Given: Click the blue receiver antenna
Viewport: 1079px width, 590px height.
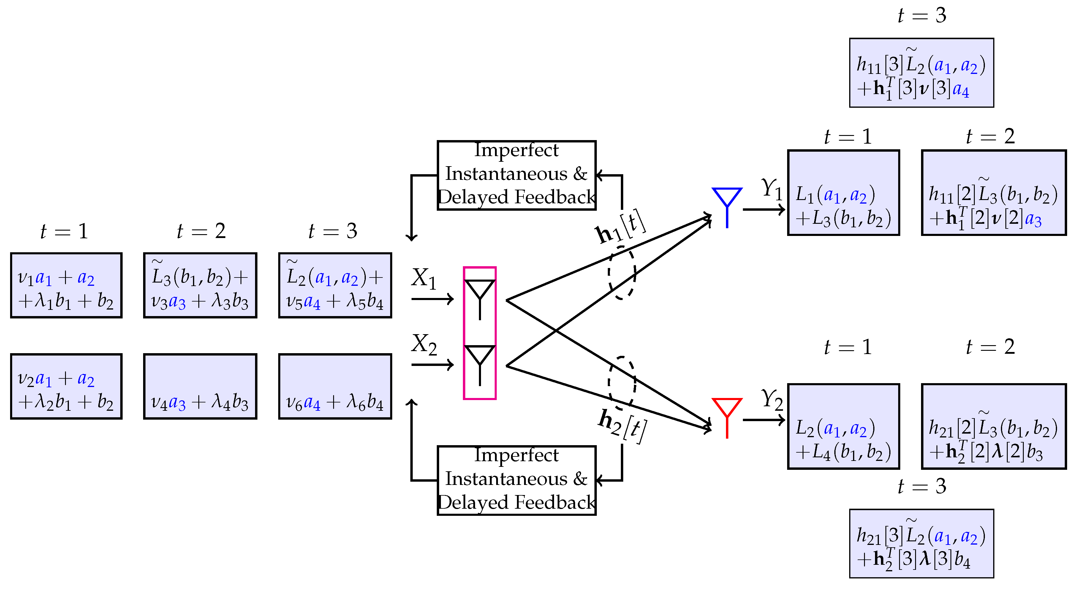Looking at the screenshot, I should (x=727, y=205).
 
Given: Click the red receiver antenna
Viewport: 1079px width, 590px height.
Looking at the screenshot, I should (x=727, y=415).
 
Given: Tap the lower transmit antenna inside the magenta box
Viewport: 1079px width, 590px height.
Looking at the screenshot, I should (x=480, y=364).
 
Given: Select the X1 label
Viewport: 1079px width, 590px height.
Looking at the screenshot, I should (x=423, y=278).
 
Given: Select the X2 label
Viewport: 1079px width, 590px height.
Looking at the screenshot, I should (x=423, y=344).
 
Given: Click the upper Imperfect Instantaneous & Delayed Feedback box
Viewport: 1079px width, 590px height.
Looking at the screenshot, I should (x=516, y=175).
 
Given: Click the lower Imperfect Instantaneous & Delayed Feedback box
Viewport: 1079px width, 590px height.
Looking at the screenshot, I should (x=516, y=480).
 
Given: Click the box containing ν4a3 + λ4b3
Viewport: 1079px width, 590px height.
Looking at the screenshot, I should (x=200, y=386).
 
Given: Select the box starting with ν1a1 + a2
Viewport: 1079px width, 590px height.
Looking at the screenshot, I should (x=66, y=285).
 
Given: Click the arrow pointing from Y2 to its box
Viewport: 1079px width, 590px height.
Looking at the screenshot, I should (x=763, y=420).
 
